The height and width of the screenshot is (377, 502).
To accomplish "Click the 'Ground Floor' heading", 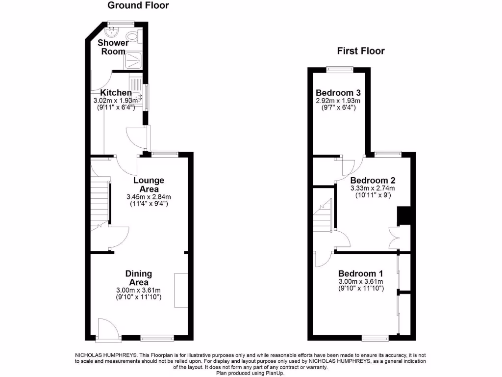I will (x=138, y=5).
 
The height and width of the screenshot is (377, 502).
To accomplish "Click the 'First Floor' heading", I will (x=360, y=51).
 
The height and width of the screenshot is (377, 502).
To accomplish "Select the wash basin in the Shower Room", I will (x=110, y=32).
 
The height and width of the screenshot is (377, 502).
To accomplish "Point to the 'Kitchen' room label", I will (x=116, y=93).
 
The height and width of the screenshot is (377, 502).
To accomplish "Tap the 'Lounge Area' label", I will (x=149, y=185).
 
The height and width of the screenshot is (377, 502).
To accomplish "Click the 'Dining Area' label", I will (x=139, y=278).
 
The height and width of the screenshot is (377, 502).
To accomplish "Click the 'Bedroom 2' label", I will (x=373, y=180).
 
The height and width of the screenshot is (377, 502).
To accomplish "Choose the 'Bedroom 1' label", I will (x=361, y=273).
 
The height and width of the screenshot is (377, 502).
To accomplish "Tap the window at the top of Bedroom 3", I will (x=340, y=70).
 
